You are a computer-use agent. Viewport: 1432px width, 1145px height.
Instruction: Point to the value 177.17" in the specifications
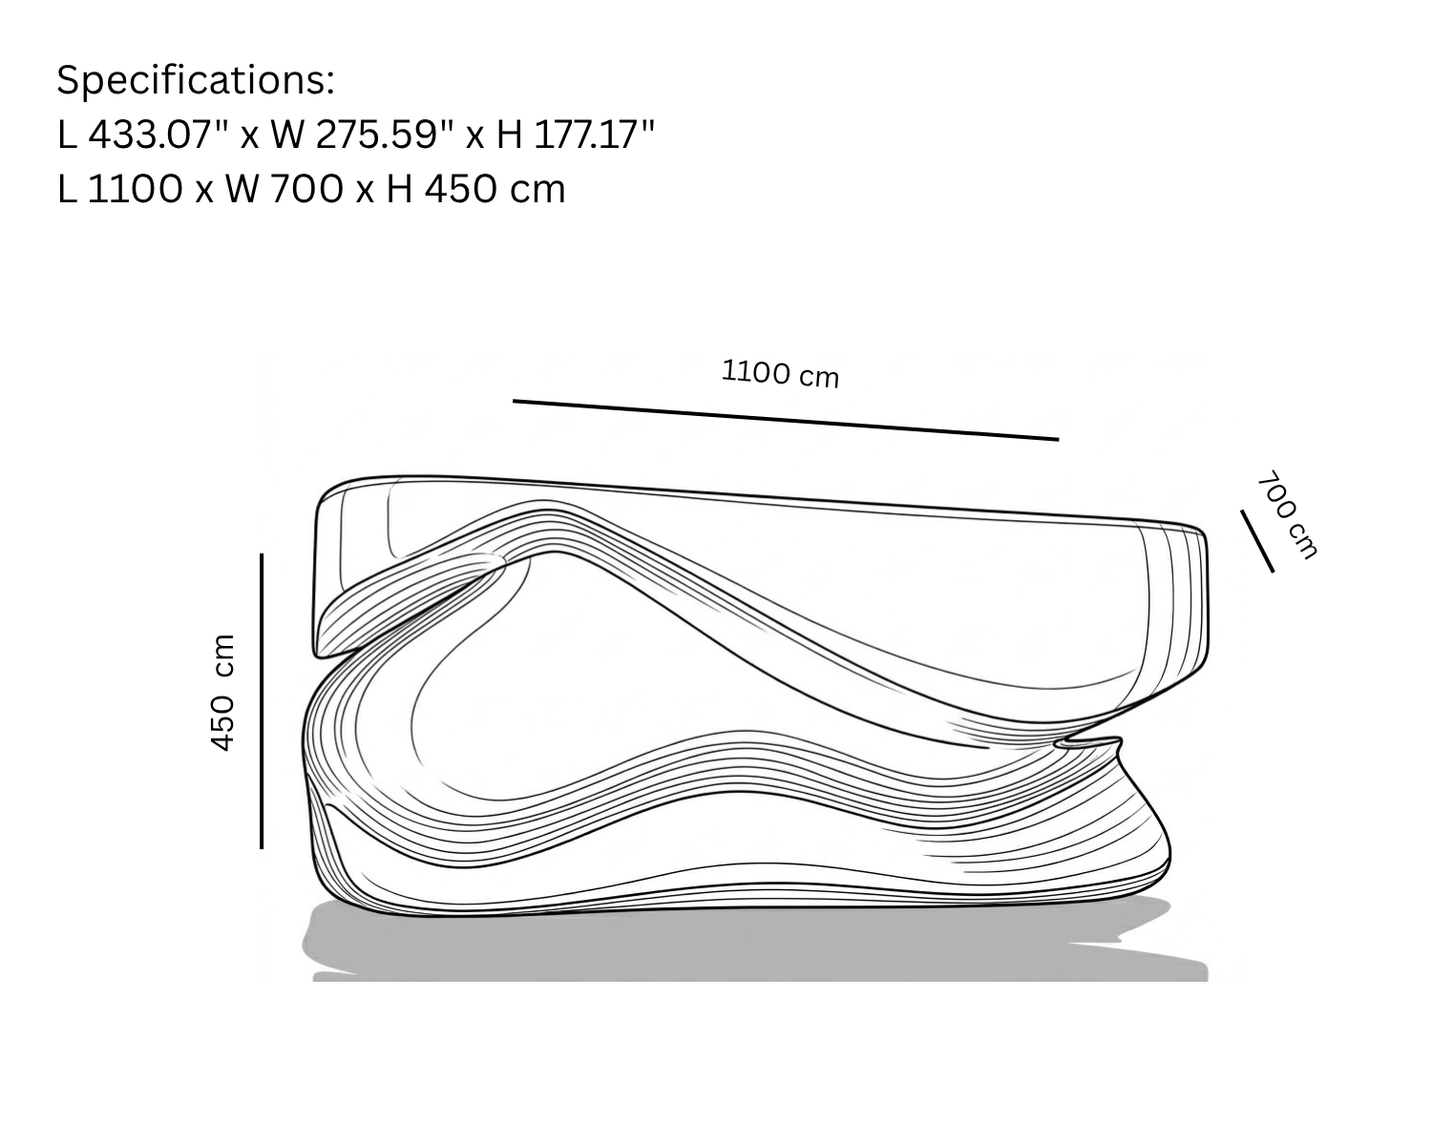(594, 135)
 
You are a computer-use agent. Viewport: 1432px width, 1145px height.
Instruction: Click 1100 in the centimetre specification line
(135, 189)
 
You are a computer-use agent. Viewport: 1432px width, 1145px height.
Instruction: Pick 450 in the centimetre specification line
(461, 189)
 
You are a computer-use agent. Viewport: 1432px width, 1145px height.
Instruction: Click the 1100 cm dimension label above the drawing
(781, 374)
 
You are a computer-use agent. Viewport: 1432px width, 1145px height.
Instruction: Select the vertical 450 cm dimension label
(222, 694)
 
